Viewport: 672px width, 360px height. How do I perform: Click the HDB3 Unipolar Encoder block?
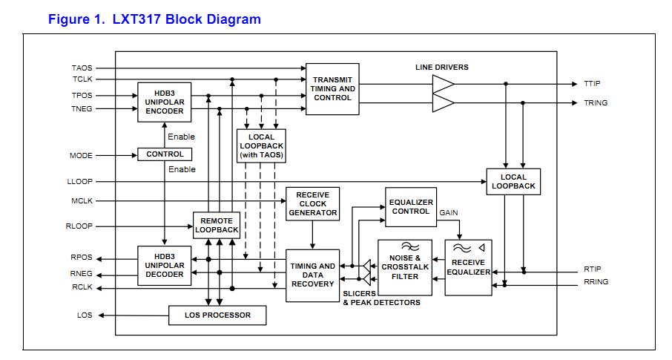pyautogui.click(x=163, y=102)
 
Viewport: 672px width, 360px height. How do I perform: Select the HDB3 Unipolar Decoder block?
pyautogui.click(x=163, y=265)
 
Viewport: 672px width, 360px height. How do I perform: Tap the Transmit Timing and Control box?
pyautogui.click(x=332, y=88)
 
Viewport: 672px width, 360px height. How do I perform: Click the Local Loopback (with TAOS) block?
pyautogui.click(x=261, y=146)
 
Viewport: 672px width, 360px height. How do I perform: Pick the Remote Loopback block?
pyautogui.click(x=217, y=226)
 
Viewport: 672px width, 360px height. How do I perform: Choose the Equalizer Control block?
pyautogui.click(x=410, y=206)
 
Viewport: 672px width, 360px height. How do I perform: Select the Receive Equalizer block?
pyautogui.click(x=468, y=267)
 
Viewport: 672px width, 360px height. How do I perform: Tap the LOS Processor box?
pyautogui.click(x=217, y=315)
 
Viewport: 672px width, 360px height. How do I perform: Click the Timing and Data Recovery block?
pyautogui.click(x=312, y=275)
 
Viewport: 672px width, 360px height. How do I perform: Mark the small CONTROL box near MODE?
pyautogui.click(x=164, y=154)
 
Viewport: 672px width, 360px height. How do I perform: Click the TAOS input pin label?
pyautogui.click(x=82, y=68)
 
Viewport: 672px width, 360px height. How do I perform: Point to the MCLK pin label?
pyautogui.click(x=82, y=201)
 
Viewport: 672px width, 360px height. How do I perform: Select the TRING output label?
pyautogui.click(x=596, y=103)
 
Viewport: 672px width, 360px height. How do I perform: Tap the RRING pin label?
pyautogui.click(x=596, y=283)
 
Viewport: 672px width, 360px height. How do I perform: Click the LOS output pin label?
pyautogui.click(x=85, y=315)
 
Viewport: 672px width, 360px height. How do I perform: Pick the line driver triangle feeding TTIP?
pyautogui.click(x=443, y=85)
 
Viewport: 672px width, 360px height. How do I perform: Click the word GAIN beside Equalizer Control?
pyautogui.click(x=449, y=213)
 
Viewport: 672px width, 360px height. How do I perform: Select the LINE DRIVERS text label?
pyautogui.click(x=441, y=68)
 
